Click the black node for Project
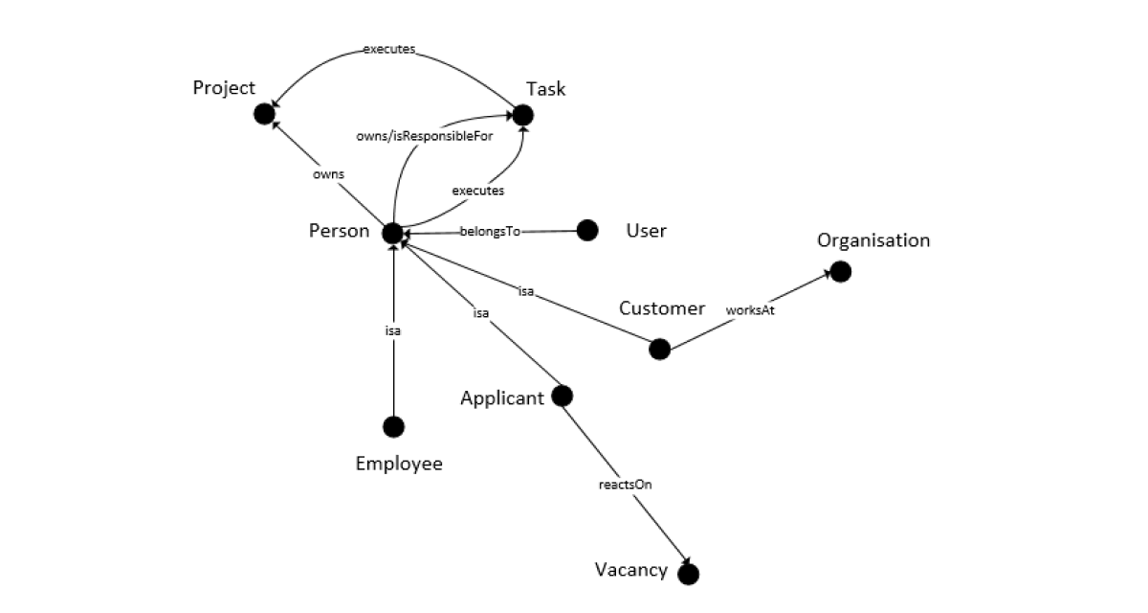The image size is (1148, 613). [x=264, y=115]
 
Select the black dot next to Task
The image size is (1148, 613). [x=521, y=115]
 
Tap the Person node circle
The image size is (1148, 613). [x=392, y=233]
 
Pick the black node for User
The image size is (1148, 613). [x=587, y=230]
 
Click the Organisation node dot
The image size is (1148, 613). [x=840, y=272]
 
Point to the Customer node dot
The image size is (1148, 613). [x=659, y=349]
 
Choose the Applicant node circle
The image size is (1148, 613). [x=563, y=395]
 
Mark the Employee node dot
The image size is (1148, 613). [x=393, y=426]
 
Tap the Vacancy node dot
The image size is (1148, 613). [x=688, y=574]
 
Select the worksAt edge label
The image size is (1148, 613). [x=749, y=310]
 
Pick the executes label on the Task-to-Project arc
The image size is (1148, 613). [x=388, y=49]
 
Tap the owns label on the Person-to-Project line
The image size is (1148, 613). [x=328, y=174]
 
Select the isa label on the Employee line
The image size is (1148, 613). [x=392, y=330]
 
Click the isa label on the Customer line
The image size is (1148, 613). [x=525, y=291]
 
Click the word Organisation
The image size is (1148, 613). [x=872, y=240]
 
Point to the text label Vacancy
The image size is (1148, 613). [x=630, y=570]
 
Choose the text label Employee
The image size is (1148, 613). [x=399, y=464]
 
